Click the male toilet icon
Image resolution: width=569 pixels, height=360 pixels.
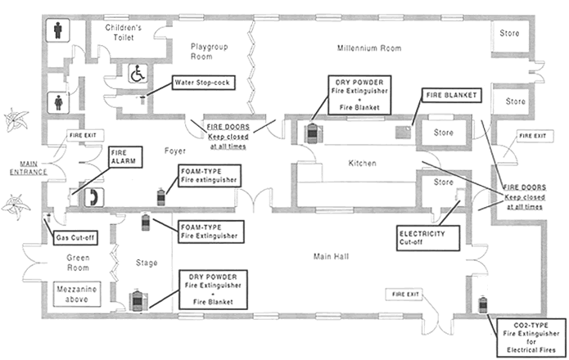tap(57, 30)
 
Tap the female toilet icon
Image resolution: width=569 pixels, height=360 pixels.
tap(57, 103)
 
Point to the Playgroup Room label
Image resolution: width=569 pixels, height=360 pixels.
tap(207, 52)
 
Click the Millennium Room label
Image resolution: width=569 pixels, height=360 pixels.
tap(369, 48)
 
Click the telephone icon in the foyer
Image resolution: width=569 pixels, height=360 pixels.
tap(95, 196)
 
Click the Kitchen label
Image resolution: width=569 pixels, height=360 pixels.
tap(361, 164)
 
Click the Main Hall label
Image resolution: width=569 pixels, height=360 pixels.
tap(332, 257)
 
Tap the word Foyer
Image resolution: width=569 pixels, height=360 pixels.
tap(175, 151)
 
